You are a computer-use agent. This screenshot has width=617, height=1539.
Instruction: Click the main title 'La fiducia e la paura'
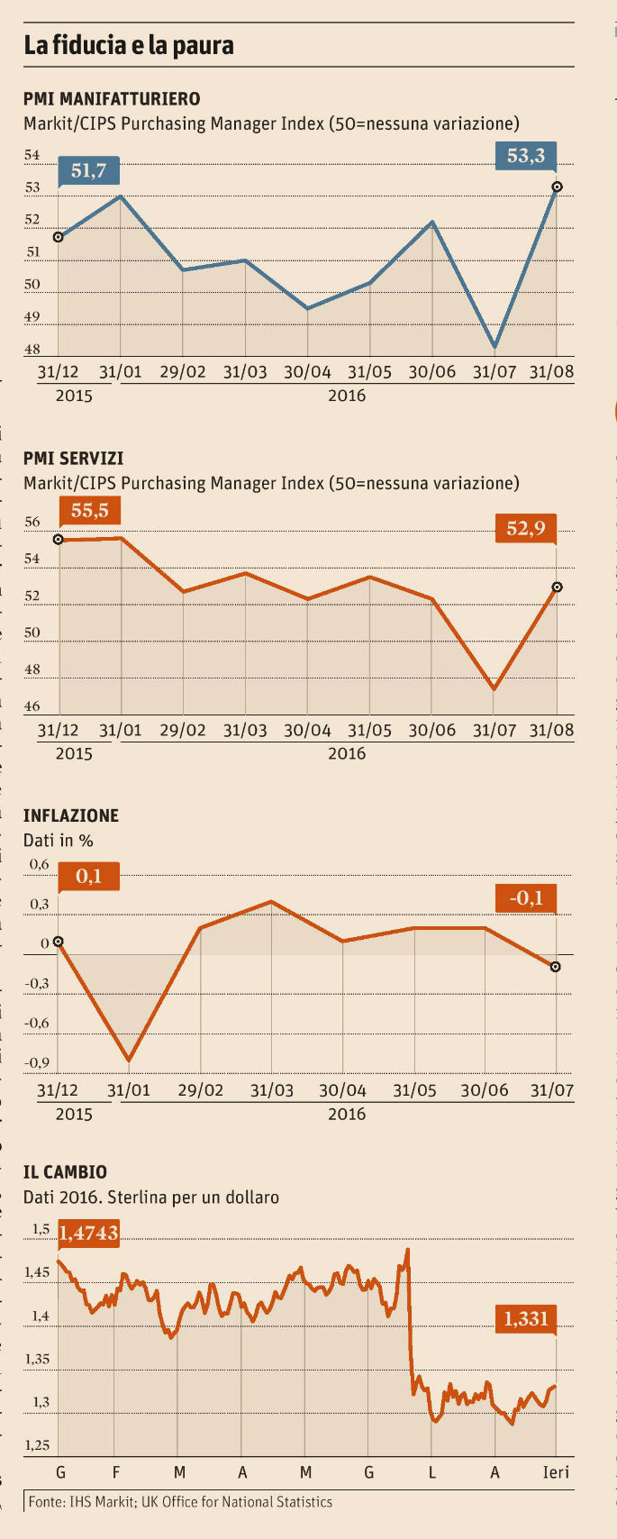click(x=129, y=45)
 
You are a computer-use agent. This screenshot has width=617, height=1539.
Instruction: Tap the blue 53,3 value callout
click(x=526, y=156)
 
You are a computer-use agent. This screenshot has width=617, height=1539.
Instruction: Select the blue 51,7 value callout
click(x=88, y=169)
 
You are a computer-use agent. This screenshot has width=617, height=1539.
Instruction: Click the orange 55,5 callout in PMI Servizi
click(x=89, y=511)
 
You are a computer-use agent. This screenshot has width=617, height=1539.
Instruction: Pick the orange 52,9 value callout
click(x=526, y=528)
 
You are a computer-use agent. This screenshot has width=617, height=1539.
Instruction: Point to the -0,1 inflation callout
click(x=526, y=898)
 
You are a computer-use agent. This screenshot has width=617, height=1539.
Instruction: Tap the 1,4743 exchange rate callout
click(x=89, y=1233)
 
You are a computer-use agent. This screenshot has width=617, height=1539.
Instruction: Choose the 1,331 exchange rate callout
click(x=526, y=1319)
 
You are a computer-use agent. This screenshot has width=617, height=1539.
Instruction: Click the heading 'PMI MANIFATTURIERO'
click(x=112, y=98)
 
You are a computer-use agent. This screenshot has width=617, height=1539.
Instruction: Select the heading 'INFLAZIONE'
click(x=71, y=815)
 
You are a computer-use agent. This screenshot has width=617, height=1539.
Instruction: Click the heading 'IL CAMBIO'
click(x=65, y=1172)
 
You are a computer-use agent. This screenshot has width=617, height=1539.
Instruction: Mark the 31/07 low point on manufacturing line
click(x=495, y=347)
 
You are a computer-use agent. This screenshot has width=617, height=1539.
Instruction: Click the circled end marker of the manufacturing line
click(x=557, y=187)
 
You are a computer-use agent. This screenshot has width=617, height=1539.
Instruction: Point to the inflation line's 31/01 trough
click(x=129, y=1061)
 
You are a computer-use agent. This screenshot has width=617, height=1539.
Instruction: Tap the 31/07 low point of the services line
click(x=495, y=689)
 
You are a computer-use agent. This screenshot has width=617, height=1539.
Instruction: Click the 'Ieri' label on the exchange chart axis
click(x=556, y=1472)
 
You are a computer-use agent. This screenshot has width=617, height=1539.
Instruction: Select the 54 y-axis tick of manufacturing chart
click(x=32, y=156)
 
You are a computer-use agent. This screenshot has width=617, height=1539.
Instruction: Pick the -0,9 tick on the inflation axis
click(x=37, y=1063)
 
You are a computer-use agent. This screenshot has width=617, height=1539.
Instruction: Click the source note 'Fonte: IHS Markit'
click(x=179, y=1502)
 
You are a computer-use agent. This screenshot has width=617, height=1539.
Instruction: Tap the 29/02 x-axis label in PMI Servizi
click(x=182, y=730)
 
